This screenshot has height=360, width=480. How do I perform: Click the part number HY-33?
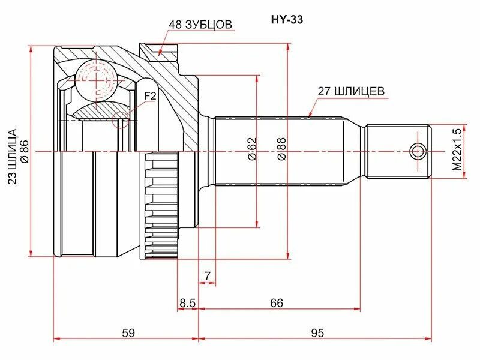tap(288, 19)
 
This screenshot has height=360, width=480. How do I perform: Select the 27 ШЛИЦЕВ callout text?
tap(351, 92)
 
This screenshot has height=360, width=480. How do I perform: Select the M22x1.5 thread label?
tap(457, 150)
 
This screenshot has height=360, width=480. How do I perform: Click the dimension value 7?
tap(207, 276)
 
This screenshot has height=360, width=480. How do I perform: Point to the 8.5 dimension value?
tap(187, 303)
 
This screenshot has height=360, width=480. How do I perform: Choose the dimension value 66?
tap(276, 303)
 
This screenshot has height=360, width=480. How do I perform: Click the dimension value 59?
tap(127, 332)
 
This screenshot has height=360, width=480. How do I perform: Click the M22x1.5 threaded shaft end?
tap(398, 151)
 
